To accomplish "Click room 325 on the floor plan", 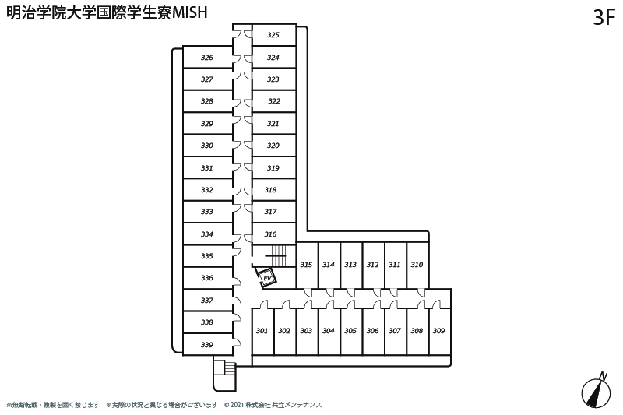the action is (x=274, y=35).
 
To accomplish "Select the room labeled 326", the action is (x=207, y=57).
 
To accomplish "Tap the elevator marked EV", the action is (x=266, y=277).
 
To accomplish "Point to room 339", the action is (x=207, y=344).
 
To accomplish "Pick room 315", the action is (x=307, y=265).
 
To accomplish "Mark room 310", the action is (x=417, y=265).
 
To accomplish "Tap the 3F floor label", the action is (x=604, y=17).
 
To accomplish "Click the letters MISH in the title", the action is (x=189, y=12).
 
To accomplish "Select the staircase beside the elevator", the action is (x=275, y=256).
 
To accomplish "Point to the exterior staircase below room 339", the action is (x=224, y=373).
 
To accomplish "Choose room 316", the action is (x=274, y=234).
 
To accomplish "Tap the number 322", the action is (x=274, y=101).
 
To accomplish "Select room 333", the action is (x=207, y=212).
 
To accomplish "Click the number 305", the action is (x=350, y=331).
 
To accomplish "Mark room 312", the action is (x=374, y=265).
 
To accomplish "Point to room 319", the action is (x=274, y=167).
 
